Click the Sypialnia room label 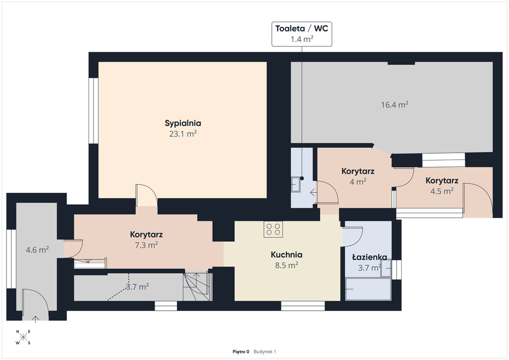click(183, 123)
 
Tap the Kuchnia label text click(286, 255)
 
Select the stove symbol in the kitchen click(273, 229)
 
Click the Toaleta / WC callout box click(302, 34)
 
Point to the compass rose click(23, 337)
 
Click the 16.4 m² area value click(394, 105)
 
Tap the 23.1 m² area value click(183, 134)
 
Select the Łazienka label click(369, 257)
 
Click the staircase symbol click(197, 286)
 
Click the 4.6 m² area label click(37, 250)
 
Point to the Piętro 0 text click(241, 352)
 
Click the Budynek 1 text click(264, 352)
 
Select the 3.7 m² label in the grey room click(137, 286)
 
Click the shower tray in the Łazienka click(368, 289)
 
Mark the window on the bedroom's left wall click(93, 111)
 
